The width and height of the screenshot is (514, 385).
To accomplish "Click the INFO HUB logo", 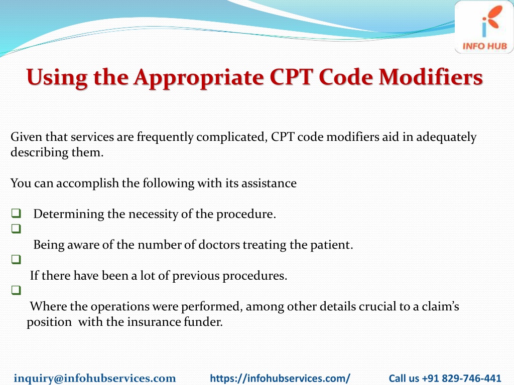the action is tap(484, 27).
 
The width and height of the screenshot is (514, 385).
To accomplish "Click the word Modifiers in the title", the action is tap(431, 77).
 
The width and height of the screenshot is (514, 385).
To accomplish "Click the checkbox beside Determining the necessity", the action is tap(16, 214).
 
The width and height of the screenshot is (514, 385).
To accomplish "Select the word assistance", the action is tap(269, 183).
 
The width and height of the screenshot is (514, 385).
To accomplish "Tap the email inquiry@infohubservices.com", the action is tap(95, 378).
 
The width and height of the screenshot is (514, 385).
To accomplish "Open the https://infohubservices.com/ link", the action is tap(280, 378).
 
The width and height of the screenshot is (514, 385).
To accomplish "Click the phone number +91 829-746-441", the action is tap(462, 378).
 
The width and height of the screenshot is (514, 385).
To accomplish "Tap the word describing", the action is tap(36, 152).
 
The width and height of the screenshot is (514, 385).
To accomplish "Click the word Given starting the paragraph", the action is tap(26, 137).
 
